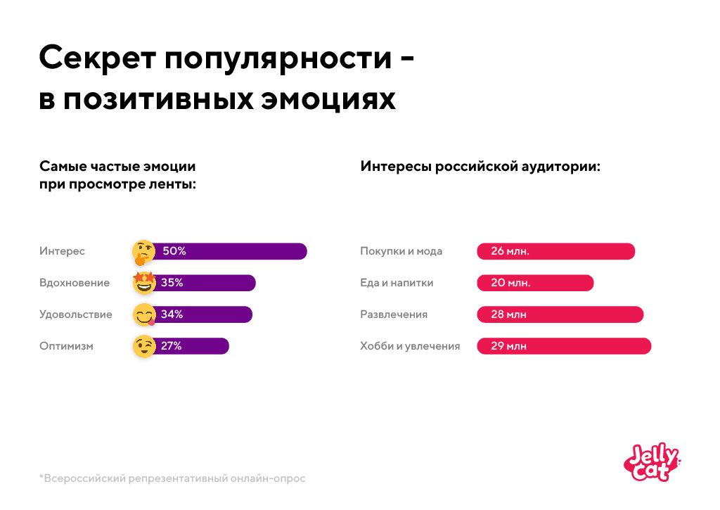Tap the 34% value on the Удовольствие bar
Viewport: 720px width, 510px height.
coord(172,314)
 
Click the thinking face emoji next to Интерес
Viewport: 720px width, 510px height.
coord(143,251)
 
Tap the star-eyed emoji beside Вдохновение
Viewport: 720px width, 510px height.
coord(144,283)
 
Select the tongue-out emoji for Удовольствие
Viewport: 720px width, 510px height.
coord(144,314)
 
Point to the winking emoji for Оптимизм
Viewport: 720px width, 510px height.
coord(144,346)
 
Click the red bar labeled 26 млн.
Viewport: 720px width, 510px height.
coord(555,251)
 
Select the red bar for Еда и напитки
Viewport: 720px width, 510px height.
coord(535,283)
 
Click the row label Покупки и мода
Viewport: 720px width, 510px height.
coord(401,251)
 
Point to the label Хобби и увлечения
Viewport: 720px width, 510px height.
coord(410,346)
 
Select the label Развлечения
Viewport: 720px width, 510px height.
coord(394,314)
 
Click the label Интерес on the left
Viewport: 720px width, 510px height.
coord(62,251)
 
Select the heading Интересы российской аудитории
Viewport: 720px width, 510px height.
coord(480,167)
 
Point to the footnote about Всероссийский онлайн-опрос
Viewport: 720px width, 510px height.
coord(172,478)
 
